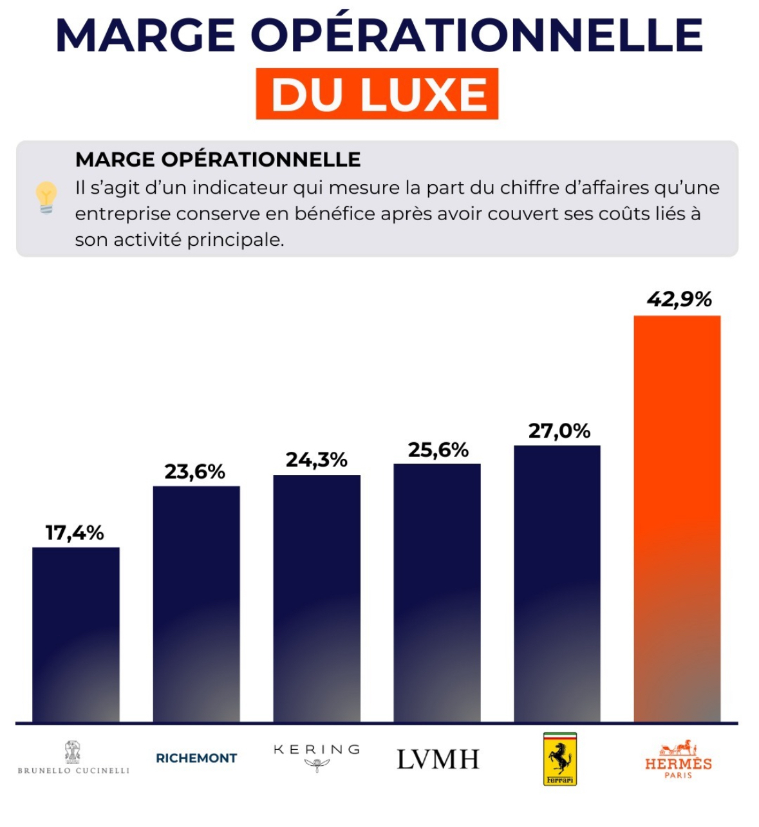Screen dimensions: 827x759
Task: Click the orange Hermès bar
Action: tap(677, 518)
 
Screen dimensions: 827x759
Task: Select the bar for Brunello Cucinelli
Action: tap(76, 634)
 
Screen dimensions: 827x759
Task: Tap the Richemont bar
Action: tap(196, 604)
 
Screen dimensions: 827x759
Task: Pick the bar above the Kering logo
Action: tap(317, 599)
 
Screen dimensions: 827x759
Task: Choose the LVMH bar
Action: tap(437, 592)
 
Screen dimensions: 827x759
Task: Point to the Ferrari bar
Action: tap(557, 583)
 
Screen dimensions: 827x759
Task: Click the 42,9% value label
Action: tap(679, 300)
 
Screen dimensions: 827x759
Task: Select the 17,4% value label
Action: tap(75, 533)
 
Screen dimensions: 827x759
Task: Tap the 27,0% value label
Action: tap(559, 431)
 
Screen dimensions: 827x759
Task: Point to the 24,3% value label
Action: tap(317, 460)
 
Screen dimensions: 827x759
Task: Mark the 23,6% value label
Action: tap(195, 472)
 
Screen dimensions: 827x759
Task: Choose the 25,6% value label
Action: tap(438, 451)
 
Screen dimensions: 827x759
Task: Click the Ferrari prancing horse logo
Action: tap(560, 759)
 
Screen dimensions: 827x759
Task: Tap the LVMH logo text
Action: tap(438, 759)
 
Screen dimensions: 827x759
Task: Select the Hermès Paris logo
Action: tap(679, 759)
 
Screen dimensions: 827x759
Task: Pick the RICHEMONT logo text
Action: tap(196, 758)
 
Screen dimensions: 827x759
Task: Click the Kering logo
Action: tap(317, 756)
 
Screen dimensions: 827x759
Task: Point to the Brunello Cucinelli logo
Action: tap(73, 758)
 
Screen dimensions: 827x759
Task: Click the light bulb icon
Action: tap(46, 197)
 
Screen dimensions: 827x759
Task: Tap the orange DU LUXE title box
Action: tap(377, 94)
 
